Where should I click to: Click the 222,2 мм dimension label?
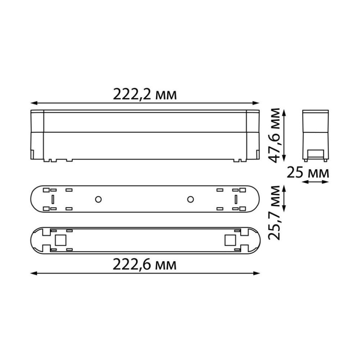point(145,94)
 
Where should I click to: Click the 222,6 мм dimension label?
point(145,265)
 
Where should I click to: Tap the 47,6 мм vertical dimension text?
point(274,135)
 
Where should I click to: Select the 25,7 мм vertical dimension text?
point(274,213)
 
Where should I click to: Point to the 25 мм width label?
point(308,173)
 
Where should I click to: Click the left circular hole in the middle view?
point(98,199)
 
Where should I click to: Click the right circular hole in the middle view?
point(190,199)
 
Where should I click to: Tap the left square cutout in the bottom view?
point(60,240)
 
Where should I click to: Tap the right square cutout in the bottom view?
point(230,240)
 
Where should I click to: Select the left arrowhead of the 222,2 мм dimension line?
point(33,103)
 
